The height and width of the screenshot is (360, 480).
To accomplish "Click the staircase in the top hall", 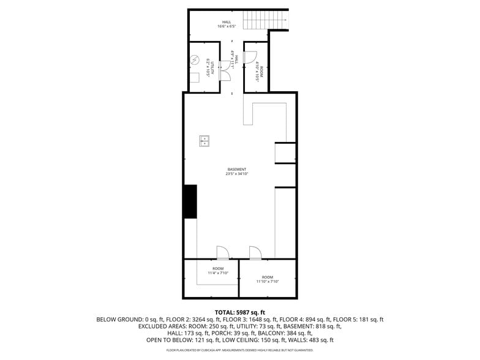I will point(265,20).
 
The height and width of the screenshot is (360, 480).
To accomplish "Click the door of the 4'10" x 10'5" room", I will point(250,58).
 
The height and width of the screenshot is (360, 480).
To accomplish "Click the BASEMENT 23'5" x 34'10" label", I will point(237,172).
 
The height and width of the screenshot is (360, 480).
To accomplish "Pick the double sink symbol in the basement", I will point(204,141).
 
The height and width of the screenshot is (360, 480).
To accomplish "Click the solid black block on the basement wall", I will point(190,201).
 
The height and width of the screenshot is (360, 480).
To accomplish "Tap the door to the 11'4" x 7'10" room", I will point(222,253).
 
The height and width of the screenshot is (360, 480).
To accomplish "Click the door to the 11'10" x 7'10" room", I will point(255,253).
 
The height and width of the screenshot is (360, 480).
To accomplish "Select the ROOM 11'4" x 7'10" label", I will point(218,271).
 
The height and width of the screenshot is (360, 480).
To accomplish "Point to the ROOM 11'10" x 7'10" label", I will point(268,279).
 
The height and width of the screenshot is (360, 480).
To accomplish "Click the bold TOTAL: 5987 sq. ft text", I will point(239,312).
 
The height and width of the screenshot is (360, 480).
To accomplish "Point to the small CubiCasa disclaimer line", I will point(239,350).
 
